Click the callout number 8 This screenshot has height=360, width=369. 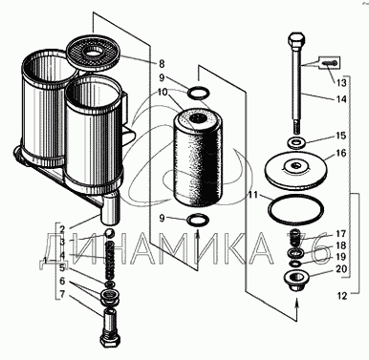coord(162,64)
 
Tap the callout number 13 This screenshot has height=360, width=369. coord(340,83)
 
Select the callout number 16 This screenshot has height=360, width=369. coord(340,153)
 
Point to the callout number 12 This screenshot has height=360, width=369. coord(341,296)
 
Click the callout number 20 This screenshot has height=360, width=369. coord(341,269)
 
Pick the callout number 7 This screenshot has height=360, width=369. coord(62,294)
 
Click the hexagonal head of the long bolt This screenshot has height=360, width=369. coord(296,40)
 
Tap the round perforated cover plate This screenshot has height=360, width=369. coord(93,52)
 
